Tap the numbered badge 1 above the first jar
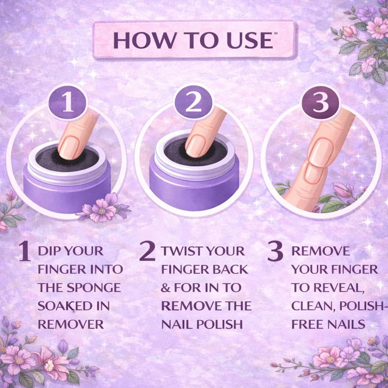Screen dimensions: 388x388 coord(67,103)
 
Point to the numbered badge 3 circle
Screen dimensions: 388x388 coord(321,103)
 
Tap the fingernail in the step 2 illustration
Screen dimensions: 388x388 coord(196,146)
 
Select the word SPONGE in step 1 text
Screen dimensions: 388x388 coord(94,288)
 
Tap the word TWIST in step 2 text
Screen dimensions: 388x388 coord(182,251)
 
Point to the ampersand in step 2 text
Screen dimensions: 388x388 coord(166,288)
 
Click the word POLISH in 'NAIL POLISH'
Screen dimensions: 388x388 coord(219,324)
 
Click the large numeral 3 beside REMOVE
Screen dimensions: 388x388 coord(275,252)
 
